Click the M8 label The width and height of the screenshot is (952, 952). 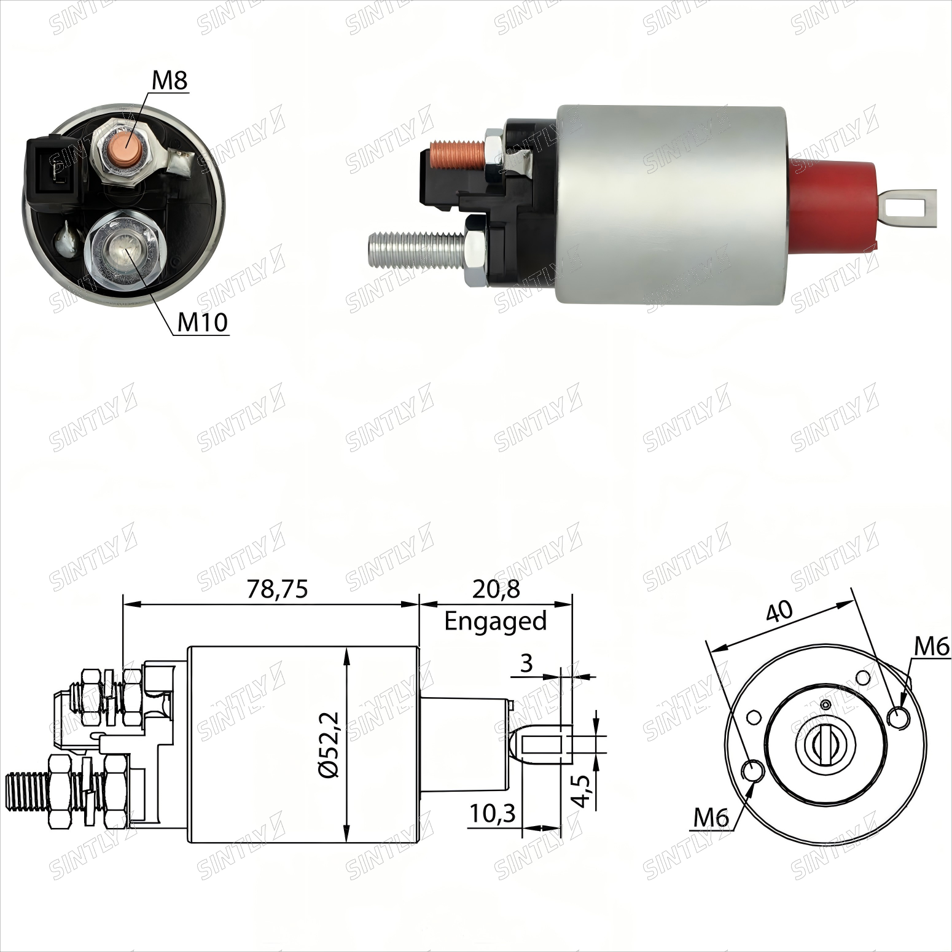click(169, 81)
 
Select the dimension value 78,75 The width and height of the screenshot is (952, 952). click(277, 589)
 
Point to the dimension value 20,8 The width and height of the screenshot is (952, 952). click(496, 589)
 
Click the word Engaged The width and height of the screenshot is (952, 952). click(495, 622)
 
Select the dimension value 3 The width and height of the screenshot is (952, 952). click(526, 663)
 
